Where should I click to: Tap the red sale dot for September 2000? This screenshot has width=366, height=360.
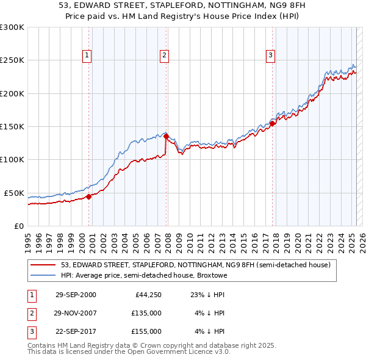[x=88, y=196]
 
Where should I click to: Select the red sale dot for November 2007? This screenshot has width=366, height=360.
[x=166, y=137]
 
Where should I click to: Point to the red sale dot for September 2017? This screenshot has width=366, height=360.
[x=273, y=123]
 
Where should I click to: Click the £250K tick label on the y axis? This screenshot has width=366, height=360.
[x=12, y=60]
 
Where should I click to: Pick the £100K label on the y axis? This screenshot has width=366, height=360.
[x=12, y=160]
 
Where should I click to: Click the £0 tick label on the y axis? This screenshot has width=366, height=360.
[x=18, y=226]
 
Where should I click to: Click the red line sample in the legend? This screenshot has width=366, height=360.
[x=43, y=265]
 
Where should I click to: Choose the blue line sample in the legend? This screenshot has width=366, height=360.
[x=43, y=275]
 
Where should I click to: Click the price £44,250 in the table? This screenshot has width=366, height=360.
[x=147, y=295]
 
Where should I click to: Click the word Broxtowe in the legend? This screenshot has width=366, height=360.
[x=211, y=275]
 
